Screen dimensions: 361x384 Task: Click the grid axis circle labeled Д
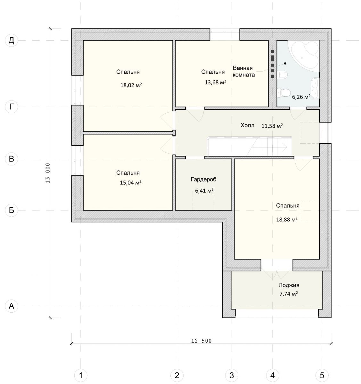(x=12, y=41)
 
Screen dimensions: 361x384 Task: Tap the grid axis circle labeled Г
(x=12, y=107)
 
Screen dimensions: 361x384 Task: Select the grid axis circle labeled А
(x=12, y=306)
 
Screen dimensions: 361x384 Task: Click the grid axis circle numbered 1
(x=81, y=375)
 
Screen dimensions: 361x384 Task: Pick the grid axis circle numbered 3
(x=232, y=375)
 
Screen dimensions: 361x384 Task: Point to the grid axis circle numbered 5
(x=322, y=375)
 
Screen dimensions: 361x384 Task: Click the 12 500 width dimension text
(x=201, y=346)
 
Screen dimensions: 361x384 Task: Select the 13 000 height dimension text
(x=48, y=173)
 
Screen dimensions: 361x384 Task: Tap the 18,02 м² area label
(x=131, y=85)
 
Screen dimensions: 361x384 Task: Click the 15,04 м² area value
(x=131, y=182)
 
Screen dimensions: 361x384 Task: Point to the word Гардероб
(x=203, y=179)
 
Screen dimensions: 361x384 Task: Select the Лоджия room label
(x=289, y=285)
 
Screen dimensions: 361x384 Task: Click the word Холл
(x=247, y=125)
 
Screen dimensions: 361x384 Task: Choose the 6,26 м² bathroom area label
(x=301, y=97)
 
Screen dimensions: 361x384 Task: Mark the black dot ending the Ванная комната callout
(x=285, y=63)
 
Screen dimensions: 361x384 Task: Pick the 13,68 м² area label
(x=216, y=82)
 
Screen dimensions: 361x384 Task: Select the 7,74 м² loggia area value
(x=289, y=294)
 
